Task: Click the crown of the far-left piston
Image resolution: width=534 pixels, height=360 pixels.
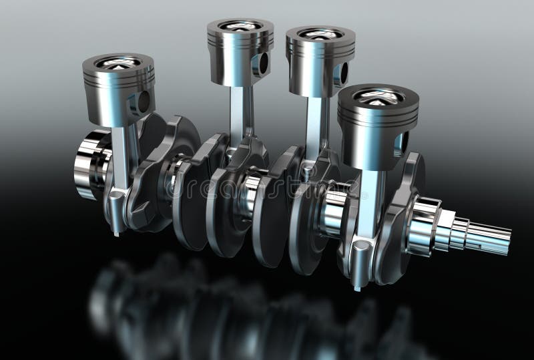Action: pos(118,62)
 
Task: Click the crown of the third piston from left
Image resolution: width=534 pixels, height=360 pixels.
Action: pos(320,33)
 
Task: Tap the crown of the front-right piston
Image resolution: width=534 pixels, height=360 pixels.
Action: pos(377,96)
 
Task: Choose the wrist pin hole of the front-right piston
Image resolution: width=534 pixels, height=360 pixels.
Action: pos(402,143)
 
